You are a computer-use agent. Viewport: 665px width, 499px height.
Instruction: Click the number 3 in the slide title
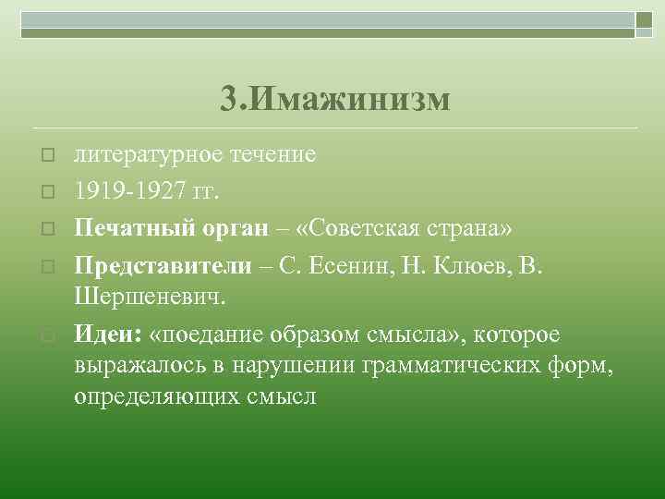click(x=230, y=98)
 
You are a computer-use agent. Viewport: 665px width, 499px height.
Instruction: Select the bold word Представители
click(x=163, y=266)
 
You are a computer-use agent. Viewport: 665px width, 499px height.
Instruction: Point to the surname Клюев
click(x=458, y=266)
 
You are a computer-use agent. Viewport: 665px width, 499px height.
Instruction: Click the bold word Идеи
click(x=103, y=334)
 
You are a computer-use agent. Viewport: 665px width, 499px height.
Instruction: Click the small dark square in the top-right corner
click(x=643, y=19)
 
